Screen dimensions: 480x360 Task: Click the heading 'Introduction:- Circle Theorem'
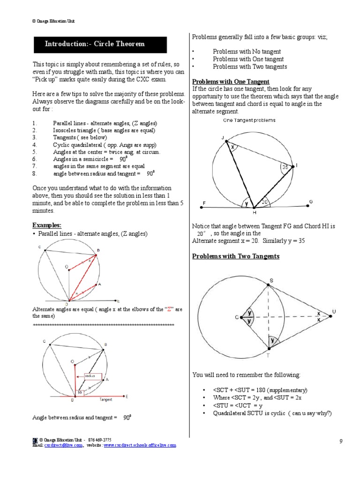[x=95, y=44]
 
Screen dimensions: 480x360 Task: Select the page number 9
[x=341, y=442]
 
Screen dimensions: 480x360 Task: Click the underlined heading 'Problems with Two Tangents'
[x=236, y=256]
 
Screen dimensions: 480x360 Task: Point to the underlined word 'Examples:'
[x=46, y=225]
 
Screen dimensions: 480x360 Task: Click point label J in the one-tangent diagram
[x=223, y=137]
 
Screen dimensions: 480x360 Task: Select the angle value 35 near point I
[x=285, y=167]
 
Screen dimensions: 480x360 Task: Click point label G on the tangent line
[x=310, y=202]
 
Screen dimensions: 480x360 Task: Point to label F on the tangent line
[x=204, y=202]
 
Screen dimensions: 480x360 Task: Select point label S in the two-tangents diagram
[x=270, y=281]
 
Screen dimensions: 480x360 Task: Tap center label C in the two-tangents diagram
[x=237, y=317]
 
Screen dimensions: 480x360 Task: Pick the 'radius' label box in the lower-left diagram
[x=90, y=375]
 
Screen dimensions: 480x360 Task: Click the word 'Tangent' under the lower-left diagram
[x=106, y=400]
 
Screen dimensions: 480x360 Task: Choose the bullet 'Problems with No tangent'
[x=247, y=52]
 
